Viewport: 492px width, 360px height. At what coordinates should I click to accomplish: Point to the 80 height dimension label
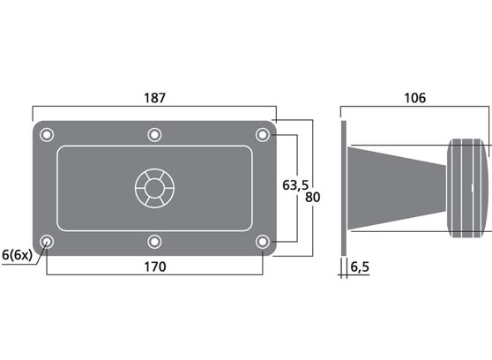point(311,197)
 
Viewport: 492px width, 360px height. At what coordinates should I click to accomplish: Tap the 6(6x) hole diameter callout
point(17,255)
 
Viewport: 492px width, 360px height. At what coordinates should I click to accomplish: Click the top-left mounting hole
point(47,134)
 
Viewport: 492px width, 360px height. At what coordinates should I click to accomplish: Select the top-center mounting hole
point(154,134)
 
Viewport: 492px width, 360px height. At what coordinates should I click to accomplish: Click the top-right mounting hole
point(262,134)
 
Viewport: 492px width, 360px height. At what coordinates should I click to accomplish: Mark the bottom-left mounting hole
point(47,241)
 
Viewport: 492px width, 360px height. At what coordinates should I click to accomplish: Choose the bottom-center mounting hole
point(154,241)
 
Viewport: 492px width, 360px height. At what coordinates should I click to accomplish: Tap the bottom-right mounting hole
point(262,241)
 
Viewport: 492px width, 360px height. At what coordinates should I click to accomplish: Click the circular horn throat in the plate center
point(154,187)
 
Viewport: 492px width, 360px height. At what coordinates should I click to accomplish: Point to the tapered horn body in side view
point(397,187)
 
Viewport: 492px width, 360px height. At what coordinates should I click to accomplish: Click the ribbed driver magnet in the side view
point(467,187)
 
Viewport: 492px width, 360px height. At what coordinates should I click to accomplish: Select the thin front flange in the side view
point(345,187)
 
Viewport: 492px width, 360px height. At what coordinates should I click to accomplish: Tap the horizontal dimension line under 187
point(153,109)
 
